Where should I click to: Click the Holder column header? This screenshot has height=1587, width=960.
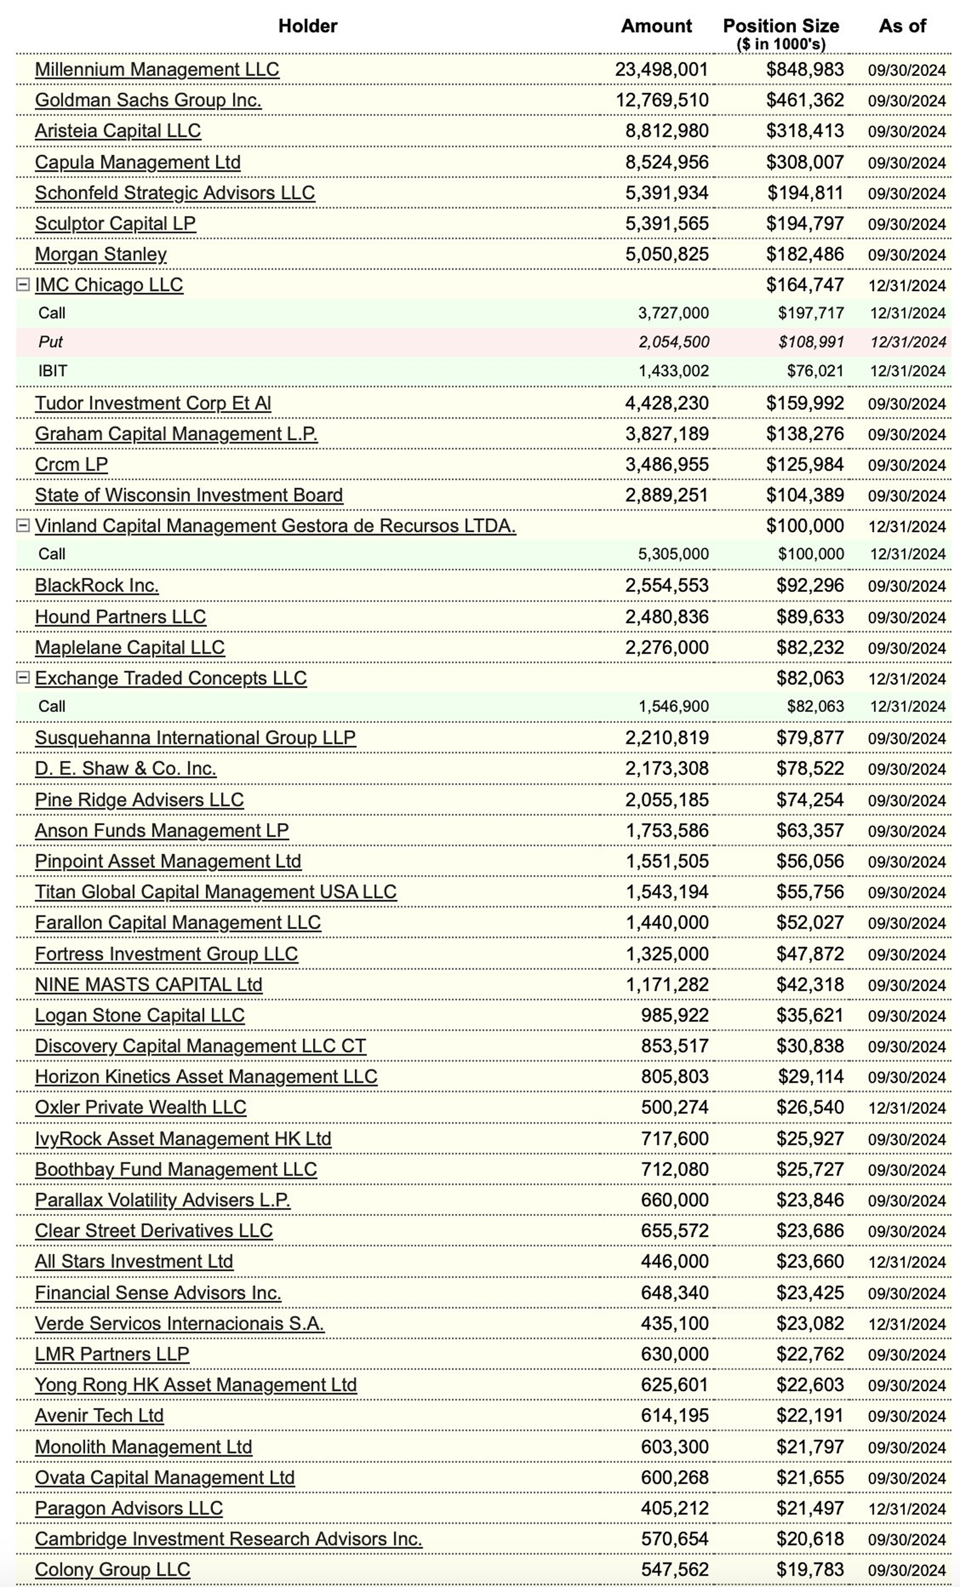(x=307, y=26)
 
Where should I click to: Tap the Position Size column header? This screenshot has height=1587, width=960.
(x=780, y=26)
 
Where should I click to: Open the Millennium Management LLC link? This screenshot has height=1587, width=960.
(x=157, y=69)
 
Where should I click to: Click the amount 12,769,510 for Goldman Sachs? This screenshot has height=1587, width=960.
(x=661, y=100)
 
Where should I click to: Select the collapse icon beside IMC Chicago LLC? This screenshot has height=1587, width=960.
(x=23, y=285)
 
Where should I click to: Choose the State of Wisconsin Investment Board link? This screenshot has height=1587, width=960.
(x=189, y=495)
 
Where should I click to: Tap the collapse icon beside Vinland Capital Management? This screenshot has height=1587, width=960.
(x=23, y=526)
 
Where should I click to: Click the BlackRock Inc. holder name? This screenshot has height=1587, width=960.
(x=97, y=585)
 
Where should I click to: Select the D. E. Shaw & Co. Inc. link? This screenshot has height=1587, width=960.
(x=126, y=768)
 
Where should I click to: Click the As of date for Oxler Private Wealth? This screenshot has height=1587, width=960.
(x=906, y=1108)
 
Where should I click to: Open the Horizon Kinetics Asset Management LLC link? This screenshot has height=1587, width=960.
(x=206, y=1077)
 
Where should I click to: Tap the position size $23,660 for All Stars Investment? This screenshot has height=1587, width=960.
(x=809, y=1261)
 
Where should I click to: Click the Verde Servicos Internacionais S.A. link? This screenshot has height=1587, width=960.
(x=179, y=1323)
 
